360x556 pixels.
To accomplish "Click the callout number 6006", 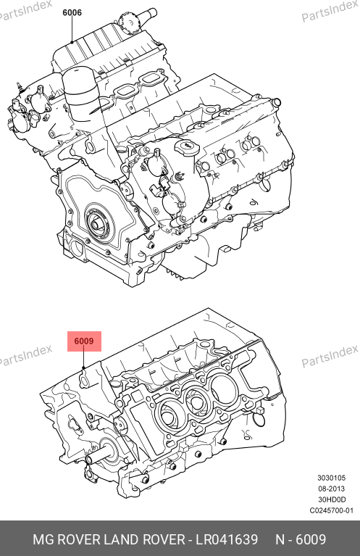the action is (x=72, y=12).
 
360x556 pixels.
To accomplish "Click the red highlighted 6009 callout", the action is (x=84, y=341).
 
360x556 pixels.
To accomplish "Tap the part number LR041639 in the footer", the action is (x=227, y=539).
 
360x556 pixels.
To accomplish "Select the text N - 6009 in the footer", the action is (x=301, y=539).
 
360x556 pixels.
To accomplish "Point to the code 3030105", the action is (x=331, y=478).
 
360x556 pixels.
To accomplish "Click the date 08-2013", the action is (x=331, y=489).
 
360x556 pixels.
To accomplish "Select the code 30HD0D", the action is (x=331, y=499).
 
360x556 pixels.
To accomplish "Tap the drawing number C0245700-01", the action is (x=331, y=510).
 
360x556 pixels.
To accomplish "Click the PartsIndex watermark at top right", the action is (x=330, y=11).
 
